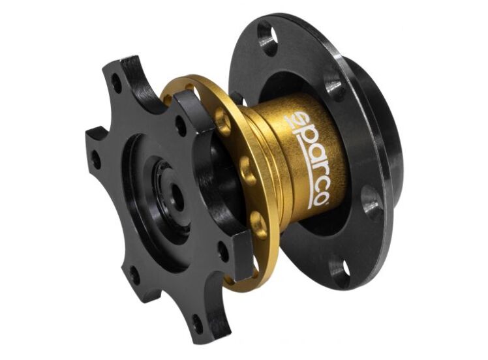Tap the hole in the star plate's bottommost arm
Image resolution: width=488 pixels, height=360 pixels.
[x=196, y=319]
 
